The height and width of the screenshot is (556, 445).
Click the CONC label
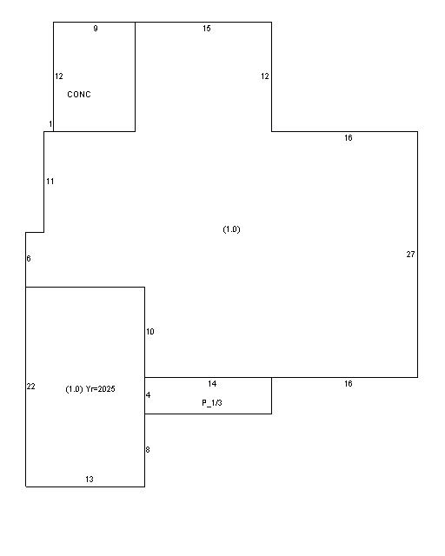(x=79, y=95)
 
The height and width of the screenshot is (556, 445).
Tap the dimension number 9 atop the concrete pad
(x=96, y=29)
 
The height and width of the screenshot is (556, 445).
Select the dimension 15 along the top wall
(x=207, y=29)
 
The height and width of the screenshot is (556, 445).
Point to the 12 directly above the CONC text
(x=59, y=76)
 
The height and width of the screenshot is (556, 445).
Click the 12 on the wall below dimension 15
(x=265, y=76)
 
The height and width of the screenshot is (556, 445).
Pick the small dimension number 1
(x=50, y=123)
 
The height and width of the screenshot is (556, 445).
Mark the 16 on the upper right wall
(x=349, y=137)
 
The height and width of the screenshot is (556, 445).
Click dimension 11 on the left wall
(x=50, y=182)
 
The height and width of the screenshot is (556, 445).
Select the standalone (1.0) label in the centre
(x=232, y=229)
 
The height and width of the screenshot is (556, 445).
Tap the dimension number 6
(x=29, y=259)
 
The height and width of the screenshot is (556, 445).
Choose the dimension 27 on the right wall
(x=410, y=255)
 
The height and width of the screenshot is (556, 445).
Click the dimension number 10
(x=150, y=332)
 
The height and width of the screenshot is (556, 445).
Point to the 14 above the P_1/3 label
(x=212, y=384)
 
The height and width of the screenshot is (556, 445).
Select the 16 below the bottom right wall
(x=349, y=384)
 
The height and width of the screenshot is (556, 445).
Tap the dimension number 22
(x=31, y=386)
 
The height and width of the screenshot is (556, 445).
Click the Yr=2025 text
(x=101, y=389)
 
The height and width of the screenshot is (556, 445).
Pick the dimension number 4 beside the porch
(x=149, y=395)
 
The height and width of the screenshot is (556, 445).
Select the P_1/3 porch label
(x=212, y=403)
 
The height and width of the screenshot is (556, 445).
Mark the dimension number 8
(x=148, y=450)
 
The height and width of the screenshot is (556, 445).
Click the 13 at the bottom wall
(x=90, y=479)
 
